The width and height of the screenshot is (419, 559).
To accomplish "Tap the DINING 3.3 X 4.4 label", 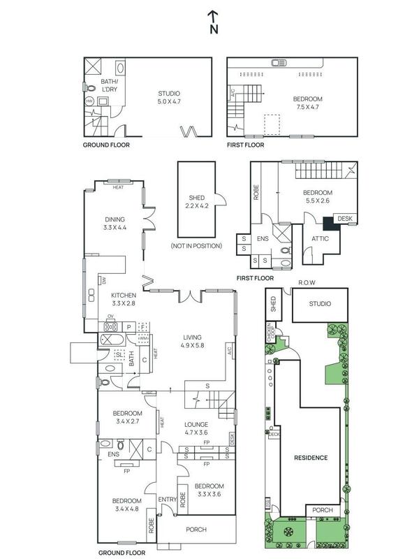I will (115, 223).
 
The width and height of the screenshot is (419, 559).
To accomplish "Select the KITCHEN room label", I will (126, 300).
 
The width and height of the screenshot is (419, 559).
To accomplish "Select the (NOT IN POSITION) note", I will (196, 246).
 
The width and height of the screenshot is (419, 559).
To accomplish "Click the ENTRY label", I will (168, 499).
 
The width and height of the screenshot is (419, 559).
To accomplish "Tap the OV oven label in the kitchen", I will (110, 317).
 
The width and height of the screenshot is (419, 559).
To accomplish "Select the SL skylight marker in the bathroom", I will (120, 355).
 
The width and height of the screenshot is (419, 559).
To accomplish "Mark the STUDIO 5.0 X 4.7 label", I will (169, 97).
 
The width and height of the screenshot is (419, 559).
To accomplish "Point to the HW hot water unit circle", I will (89, 101).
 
